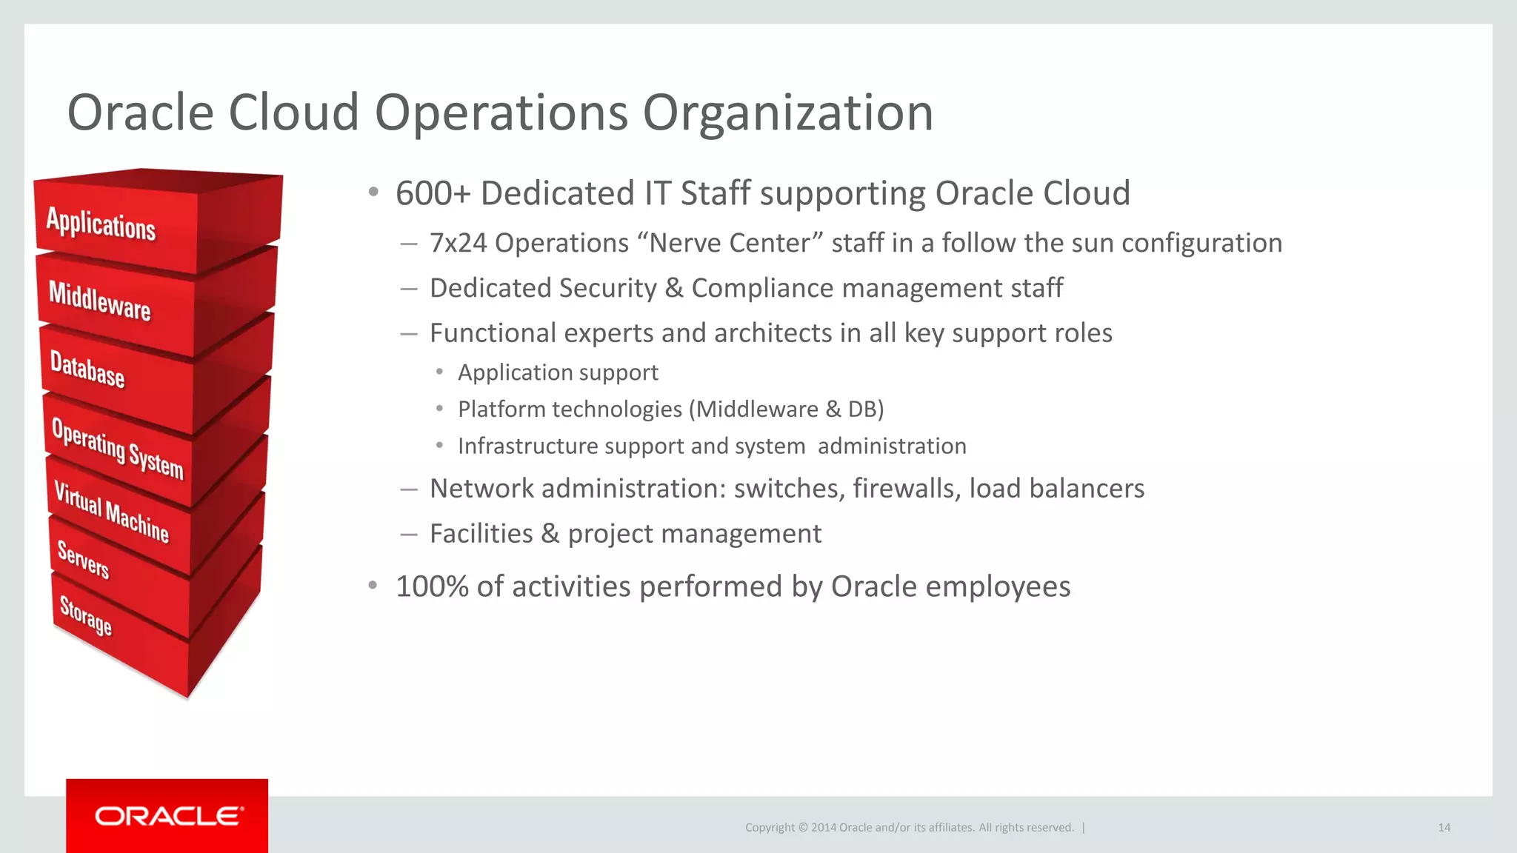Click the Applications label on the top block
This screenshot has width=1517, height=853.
click(101, 224)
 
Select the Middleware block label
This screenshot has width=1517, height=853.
click(99, 301)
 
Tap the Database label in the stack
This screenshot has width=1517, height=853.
click(87, 369)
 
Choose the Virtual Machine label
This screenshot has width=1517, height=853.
click(111, 512)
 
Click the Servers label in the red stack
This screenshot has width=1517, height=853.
click(83, 560)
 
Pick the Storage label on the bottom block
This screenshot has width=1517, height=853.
click(85, 615)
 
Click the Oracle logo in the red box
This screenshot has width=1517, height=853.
click(168, 816)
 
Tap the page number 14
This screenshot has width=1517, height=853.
click(1444, 828)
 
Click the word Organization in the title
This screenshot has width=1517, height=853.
click(787, 113)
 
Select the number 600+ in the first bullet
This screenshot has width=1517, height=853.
click(433, 194)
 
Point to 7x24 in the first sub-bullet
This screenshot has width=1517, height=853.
click(458, 244)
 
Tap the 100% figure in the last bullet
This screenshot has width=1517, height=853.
click(432, 587)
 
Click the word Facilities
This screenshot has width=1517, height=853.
click(481, 534)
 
